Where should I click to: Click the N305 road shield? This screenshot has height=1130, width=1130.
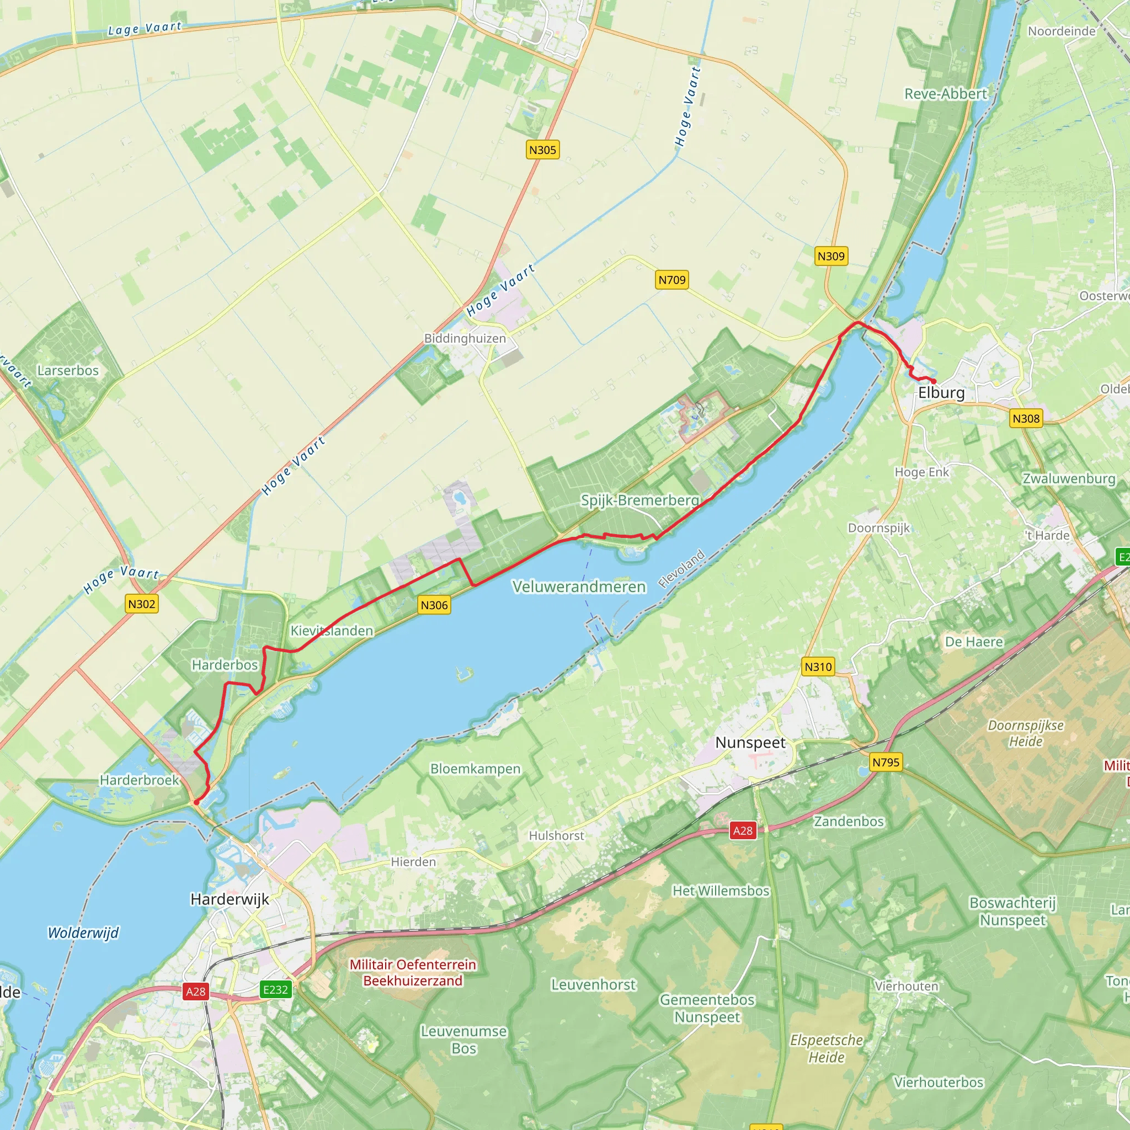pyautogui.click(x=542, y=150)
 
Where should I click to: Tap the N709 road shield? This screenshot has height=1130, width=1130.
pyautogui.click(x=671, y=280)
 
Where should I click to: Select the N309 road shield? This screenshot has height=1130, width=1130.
pyautogui.click(x=830, y=255)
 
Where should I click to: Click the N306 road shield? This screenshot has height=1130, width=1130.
pyautogui.click(x=434, y=605)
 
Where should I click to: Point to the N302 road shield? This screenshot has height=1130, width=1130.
pyautogui.click(x=142, y=604)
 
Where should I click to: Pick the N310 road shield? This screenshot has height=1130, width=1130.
pyautogui.click(x=818, y=666)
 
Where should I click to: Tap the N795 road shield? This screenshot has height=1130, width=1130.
pyautogui.click(x=886, y=762)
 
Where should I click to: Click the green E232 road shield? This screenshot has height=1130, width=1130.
pyautogui.click(x=275, y=989)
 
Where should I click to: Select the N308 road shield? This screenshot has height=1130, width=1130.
pyautogui.click(x=1026, y=418)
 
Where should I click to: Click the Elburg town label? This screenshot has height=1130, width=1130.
pyautogui.click(x=941, y=392)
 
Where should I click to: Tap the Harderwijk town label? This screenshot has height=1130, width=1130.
pyautogui.click(x=230, y=899)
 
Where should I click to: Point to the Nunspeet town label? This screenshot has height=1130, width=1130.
pyautogui.click(x=750, y=743)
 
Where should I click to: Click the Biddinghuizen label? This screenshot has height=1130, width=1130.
pyautogui.click(x=465, y=338)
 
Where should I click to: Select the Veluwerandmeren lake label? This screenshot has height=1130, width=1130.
pyautogui.click(x=579, y=587)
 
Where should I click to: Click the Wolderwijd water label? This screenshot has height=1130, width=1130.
pyautogui.click(x=83, y=932)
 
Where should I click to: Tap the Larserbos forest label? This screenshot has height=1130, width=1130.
pyautogui.click(x=68, y=370)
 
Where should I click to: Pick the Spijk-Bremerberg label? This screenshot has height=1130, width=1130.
pyautogui.click(x=640, y=500)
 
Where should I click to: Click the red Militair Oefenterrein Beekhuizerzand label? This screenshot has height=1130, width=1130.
pyautogui.click(x=413, y=972)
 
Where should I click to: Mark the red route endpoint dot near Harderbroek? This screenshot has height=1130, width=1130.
pyautogui.click(x=196, y=802)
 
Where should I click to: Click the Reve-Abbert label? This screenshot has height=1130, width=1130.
pyautogui.click(x=946, y=94)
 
